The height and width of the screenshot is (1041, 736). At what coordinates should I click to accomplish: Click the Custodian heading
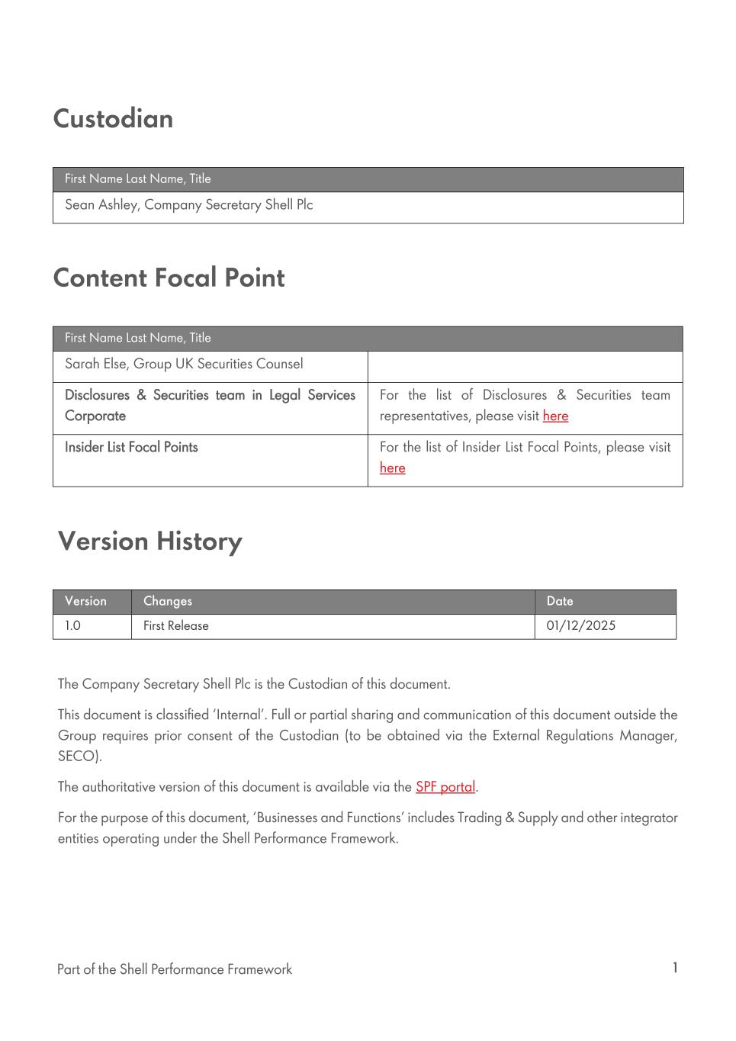click(113, 119)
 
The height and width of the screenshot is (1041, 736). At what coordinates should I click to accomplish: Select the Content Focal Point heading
click(169, 278)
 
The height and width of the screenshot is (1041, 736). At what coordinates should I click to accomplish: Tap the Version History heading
click(149, 541)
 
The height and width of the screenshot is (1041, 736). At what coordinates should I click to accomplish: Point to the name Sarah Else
click(95, 364)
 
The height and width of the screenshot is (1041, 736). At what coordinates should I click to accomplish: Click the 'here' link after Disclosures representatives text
click(555, 416)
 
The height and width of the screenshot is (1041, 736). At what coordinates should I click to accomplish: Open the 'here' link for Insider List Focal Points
click(392, 468)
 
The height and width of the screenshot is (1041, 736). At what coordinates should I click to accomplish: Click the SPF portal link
click(445, 787)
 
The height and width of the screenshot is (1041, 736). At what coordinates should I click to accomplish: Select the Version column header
click(85, 601)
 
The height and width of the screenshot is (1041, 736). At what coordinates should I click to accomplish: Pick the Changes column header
click(168, 601)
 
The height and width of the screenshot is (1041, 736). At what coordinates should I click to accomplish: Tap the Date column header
click(560, 601)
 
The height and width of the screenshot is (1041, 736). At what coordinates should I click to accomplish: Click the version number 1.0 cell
click(72, 626)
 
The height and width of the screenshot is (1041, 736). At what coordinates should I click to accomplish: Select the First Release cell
click(175, 626)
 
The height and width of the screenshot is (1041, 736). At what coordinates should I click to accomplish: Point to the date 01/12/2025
click(580, 626)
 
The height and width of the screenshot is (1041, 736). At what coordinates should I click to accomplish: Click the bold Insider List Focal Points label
click(131, 448)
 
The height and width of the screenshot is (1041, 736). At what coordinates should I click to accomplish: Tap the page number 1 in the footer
click(675, 968)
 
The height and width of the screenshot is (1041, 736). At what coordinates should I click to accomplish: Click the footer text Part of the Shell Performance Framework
click(174, 969)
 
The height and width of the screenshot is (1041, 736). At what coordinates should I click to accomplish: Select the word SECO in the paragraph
click(78, 757)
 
